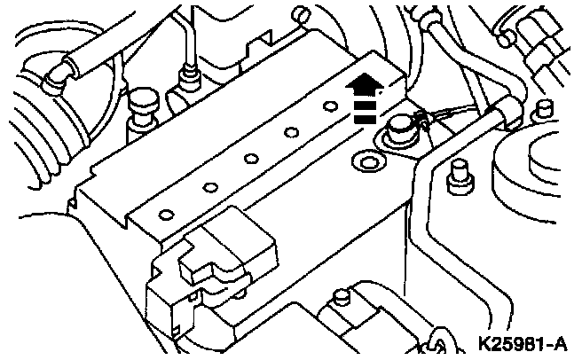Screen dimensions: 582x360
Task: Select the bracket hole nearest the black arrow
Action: click(x=330, y=106)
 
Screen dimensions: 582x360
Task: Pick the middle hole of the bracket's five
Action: click(x=251, y=160)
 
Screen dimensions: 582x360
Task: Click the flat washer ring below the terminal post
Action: click(x=364, y=162)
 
